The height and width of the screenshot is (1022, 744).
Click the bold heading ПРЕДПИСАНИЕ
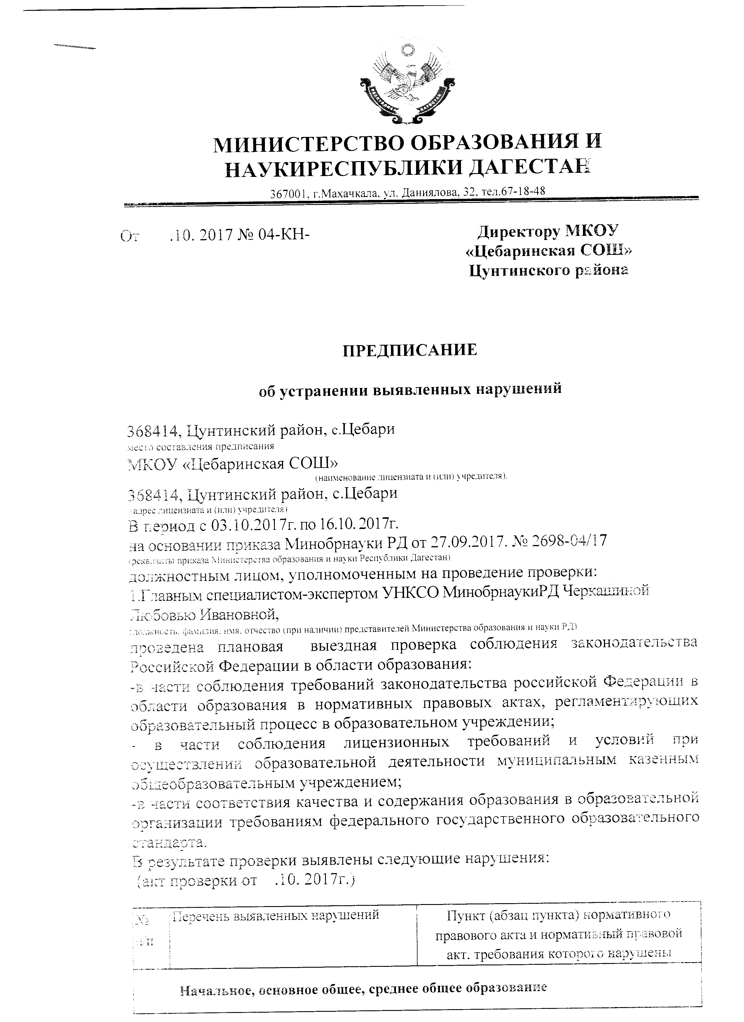[x=410, y=350]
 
